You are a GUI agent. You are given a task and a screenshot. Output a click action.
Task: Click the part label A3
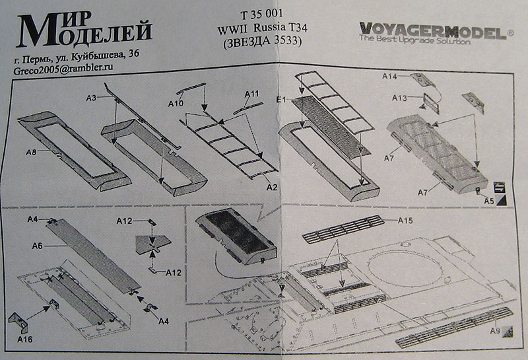(91, 98)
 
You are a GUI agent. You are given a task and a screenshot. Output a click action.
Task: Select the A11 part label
(251, 94)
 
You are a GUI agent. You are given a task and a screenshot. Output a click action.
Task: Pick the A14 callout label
(389, 77)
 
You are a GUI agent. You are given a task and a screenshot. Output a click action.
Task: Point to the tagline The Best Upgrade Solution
(414, 41)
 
